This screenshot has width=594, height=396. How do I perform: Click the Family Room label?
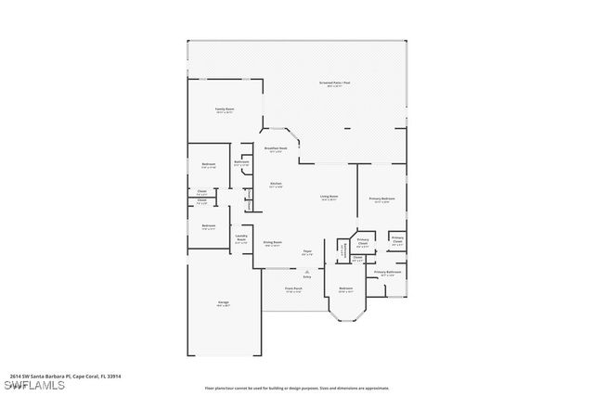(x=224, y=110)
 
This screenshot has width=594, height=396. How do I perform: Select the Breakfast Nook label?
(x=275, y=148)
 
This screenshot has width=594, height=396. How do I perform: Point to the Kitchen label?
(x=276, y=185)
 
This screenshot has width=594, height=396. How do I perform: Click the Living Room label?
(x=329, y=197)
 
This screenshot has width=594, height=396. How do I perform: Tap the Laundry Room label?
(x=240, y=237)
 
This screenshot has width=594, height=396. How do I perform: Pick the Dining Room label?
(x=272, y=244)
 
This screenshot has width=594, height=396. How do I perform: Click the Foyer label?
(x=306, y=251)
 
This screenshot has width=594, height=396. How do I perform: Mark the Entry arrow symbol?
(x=307, y=270)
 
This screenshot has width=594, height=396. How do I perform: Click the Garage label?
(x=224, y=303)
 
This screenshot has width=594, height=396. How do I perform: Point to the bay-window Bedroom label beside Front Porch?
(x=345, y=289)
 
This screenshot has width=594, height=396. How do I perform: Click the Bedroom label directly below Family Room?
(x=209, y=165)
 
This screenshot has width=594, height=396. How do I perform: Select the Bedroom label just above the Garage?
(x=209, y=225)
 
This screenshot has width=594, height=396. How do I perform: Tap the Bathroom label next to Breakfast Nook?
(x=241, y=163)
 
